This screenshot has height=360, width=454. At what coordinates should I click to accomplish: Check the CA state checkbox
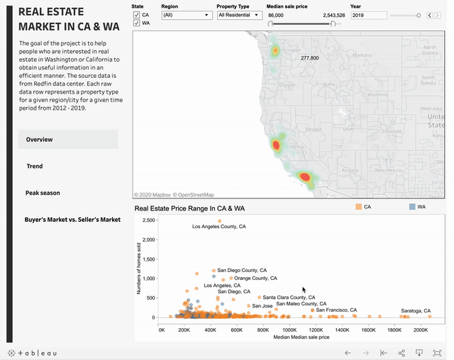coord(137,14)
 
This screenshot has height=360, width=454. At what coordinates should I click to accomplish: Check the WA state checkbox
coord(137,23)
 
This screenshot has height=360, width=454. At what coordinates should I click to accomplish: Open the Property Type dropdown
coord(239,15)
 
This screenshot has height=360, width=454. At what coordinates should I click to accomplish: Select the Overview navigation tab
coord(68,140)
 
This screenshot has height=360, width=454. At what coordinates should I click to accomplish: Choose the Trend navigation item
coord(35,167)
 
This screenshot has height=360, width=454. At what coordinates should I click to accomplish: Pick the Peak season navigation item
coord(43,193)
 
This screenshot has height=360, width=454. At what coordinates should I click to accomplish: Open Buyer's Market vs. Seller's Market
coord(72,220)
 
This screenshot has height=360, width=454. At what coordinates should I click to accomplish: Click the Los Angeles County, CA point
coord(219,221)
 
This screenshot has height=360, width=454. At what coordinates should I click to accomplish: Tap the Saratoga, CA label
coord(416,311)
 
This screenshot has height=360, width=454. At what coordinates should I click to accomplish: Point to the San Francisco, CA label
coord(336,310)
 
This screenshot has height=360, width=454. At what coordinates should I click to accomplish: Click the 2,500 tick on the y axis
coord(148,220)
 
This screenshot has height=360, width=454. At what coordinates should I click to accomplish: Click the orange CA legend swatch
coord(358,206)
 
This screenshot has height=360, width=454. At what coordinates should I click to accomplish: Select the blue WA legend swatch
coord(412,206)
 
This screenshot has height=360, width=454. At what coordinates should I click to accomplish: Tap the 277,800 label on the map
coord(309,58)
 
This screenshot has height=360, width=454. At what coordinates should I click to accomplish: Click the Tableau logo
coord(32,353)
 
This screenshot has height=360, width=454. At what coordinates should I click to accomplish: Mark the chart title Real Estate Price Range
coord(189,208)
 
